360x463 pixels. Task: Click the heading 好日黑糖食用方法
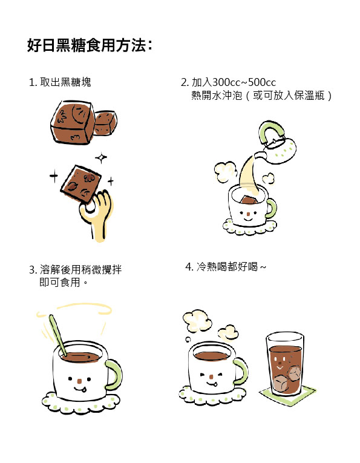tap(87, 45)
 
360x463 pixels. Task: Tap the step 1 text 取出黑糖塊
tap(65, 82)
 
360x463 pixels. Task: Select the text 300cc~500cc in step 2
tap(244, 82)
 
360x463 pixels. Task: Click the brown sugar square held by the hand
tap(80, 183)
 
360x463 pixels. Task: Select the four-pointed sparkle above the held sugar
tap(101, 158)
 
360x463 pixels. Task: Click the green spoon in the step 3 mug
tap(57, 335)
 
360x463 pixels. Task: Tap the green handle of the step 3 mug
tap(115, 375)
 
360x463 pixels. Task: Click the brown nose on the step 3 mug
tap(79, 381)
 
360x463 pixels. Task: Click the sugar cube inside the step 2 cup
tap(249, 200)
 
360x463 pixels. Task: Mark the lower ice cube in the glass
tap(279, 384)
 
